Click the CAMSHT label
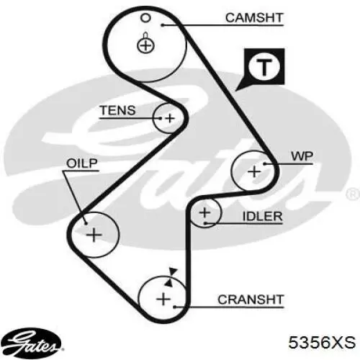254,18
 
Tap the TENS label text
118,110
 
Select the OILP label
82,163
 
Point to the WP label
302,156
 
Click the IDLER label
262,217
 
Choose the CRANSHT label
251,300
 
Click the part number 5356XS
322,343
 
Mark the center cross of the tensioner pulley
170,118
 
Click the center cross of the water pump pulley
254,172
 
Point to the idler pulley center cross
204,212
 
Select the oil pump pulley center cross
94,235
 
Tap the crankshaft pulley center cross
163,300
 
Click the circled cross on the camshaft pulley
145,45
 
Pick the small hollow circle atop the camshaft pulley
145,18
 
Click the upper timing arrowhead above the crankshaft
173,272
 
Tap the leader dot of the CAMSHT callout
163,25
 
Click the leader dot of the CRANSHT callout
175,307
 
